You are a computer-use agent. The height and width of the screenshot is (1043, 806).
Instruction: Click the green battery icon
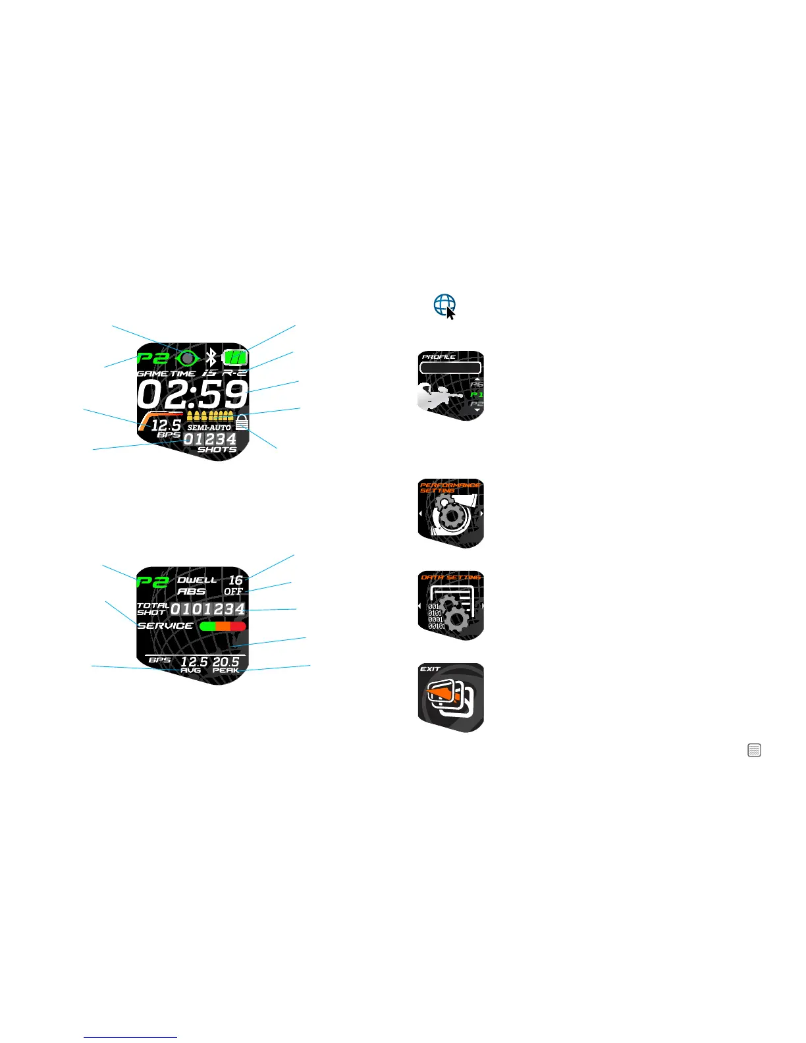[235, 358]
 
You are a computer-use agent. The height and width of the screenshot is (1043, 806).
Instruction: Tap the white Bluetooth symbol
[211, 358]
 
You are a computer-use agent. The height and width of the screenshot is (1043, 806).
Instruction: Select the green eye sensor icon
[188, 358]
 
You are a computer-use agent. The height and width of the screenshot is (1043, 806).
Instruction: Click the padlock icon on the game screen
[242, 422]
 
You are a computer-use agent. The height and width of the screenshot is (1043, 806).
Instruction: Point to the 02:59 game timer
[192, 394]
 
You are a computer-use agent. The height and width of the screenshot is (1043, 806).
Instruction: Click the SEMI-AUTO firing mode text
[209, 427]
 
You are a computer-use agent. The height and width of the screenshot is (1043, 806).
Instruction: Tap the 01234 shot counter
[209, 439]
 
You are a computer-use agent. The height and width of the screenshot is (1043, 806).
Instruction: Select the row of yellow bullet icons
[210, 415]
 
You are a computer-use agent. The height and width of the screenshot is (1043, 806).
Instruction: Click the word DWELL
[197, 580]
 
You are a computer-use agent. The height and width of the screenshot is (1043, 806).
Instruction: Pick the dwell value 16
[236, 580]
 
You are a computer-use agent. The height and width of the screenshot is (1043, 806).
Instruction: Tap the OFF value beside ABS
[234, 591]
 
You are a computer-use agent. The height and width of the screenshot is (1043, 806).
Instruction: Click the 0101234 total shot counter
[208, 609]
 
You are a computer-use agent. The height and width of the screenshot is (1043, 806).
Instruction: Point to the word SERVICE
[165, 626]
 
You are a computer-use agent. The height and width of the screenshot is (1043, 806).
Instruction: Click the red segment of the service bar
[238, 626]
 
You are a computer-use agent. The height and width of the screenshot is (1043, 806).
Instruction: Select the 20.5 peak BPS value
[226, 661]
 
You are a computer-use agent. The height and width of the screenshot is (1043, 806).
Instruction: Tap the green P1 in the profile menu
[477, 394]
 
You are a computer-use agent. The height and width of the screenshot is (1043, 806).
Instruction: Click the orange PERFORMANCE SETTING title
[450, 487]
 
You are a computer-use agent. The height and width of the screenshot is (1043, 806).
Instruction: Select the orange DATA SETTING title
[451, 577]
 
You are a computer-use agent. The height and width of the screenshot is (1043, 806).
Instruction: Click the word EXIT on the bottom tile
[430, 668]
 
